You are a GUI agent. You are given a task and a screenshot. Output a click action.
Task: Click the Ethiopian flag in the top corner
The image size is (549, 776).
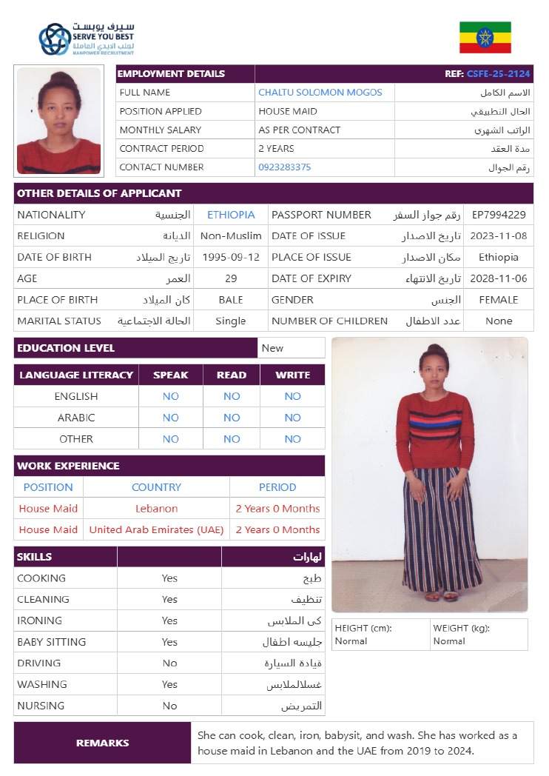pos(485,37)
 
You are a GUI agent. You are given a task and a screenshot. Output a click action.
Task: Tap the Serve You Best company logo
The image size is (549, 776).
pos(87,39)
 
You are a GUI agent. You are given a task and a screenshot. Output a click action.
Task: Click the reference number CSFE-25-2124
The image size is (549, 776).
pos(498,74)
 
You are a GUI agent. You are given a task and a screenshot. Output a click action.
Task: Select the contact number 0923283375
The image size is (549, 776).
pos(285,167)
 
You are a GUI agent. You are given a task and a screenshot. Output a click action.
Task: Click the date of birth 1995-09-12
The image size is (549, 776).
pos(232,258)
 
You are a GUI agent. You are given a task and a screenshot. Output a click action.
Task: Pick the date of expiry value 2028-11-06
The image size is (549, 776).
pos(499,278)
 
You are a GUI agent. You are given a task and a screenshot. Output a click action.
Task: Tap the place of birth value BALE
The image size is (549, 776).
pos(231,300)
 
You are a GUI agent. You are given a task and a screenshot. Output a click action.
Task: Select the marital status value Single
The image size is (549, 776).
pos(231,321)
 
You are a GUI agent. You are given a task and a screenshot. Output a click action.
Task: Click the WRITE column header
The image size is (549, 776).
pos(292,375)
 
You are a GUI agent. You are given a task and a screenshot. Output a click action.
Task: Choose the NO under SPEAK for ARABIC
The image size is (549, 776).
pos(171,418)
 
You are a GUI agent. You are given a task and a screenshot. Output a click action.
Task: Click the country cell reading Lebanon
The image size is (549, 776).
pos(156,509)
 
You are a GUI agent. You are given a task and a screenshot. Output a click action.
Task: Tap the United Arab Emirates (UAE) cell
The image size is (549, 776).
pos(156,530)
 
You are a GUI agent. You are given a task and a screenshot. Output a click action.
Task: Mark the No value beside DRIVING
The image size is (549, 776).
pos(169,663)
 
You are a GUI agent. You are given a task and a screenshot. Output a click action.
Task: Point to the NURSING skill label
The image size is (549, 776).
pos(41,706)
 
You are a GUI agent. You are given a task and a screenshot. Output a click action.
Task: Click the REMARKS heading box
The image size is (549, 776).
pos(102,743)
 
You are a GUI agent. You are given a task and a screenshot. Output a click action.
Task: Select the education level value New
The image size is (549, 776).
pos(272,348)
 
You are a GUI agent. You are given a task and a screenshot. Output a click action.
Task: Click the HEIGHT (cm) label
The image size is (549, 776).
pos(363,628)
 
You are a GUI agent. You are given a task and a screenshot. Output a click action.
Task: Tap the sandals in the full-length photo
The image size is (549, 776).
pos(441,595)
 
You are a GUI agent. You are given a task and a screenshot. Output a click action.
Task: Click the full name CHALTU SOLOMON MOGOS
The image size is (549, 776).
pos(320,93)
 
